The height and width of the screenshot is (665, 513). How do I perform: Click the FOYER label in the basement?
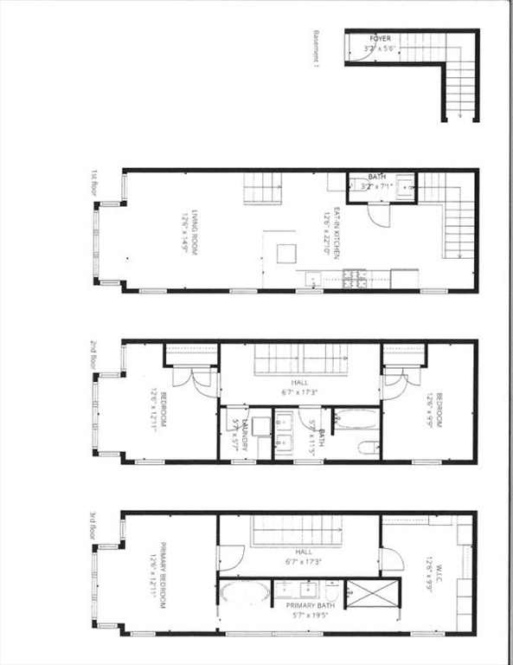coord(380,40)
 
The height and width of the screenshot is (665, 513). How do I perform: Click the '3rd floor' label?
coord(94,525)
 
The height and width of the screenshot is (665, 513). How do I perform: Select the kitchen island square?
coord(286,253)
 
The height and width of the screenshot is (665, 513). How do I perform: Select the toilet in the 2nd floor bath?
coord(367,449)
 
